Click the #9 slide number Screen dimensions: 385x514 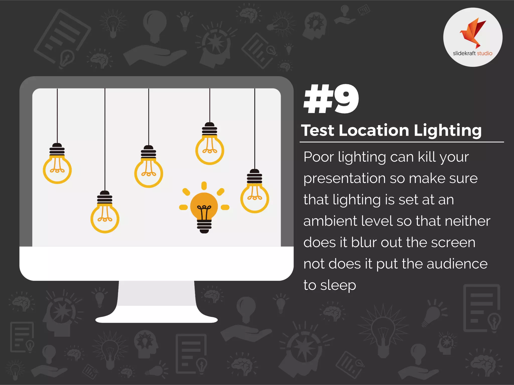coord(331,99)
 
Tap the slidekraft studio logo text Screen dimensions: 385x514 coord(473,53)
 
